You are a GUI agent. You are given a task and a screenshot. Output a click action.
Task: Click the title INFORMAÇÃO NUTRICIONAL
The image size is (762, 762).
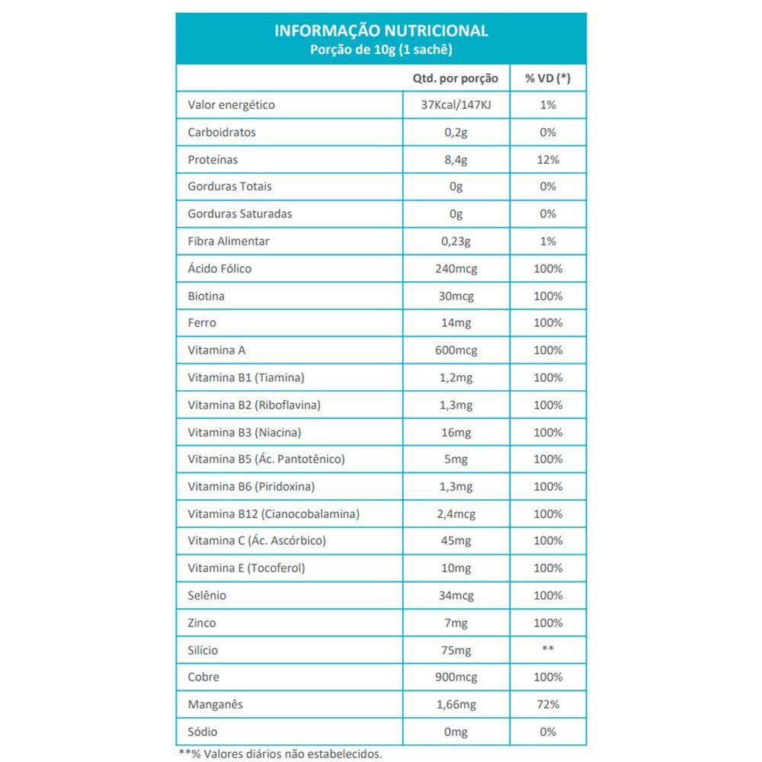click(381, 31)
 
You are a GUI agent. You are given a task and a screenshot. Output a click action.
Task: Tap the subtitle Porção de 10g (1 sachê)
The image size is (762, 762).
click(381, 50)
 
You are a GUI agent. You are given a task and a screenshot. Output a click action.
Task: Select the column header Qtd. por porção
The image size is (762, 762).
click(456, 78)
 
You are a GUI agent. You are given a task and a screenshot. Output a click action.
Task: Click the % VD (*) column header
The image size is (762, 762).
click(548, 78)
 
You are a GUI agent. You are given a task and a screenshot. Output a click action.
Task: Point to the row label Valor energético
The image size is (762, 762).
click(231, 105)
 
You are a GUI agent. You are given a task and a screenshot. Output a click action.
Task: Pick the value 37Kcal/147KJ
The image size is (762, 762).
click(456, 105)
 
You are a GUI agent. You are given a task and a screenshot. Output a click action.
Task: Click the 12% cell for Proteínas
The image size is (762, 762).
click(548, 160)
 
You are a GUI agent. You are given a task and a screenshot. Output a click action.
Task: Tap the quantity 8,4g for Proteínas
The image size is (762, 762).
click(456, 160)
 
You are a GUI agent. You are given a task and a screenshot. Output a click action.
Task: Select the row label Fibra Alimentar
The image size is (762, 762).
click(228, 242)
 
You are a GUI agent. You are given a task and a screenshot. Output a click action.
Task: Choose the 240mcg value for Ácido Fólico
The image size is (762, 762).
click(456, 269)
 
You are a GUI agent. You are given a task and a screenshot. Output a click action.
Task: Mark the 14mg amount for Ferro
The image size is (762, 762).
click(456, 323)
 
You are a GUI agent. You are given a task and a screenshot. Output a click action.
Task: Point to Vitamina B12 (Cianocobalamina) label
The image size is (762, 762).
click(274, 514)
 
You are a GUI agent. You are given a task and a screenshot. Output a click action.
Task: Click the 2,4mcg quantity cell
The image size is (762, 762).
click(456, 514)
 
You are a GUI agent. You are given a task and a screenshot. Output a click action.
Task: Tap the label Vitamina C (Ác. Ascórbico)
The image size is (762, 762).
click(257, 541)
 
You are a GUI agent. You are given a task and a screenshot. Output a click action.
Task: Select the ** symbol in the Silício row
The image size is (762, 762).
click(548, 650)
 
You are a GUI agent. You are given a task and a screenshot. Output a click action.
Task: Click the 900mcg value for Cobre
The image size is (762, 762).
click(456, 677)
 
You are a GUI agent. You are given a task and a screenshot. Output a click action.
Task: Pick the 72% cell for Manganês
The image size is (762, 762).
click(548, 705)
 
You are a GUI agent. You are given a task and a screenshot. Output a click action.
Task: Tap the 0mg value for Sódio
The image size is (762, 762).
click(456, 732)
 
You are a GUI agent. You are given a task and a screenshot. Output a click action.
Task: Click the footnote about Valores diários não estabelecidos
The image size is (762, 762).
click(280, 754)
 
